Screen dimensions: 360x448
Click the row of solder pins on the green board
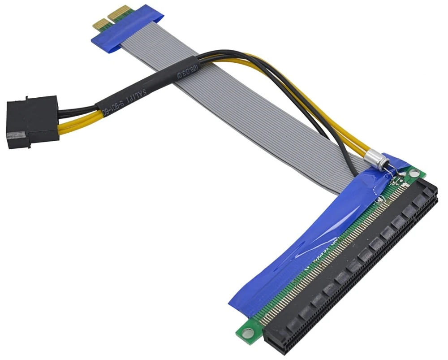tap(323, 260)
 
